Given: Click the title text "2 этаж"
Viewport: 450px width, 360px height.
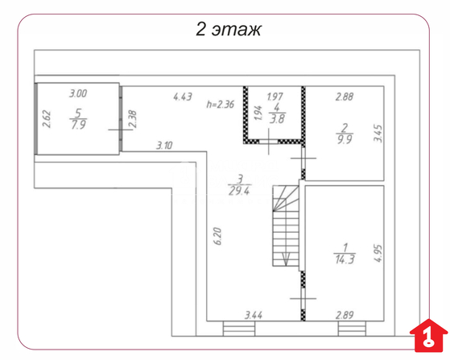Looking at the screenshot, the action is tap(229, 29).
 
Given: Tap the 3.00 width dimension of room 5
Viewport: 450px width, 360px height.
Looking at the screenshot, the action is tap(78, 93).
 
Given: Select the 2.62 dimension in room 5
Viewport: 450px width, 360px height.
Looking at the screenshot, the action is tap(47, 119).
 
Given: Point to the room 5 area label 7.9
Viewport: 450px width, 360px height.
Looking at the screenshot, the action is tap(78, 125).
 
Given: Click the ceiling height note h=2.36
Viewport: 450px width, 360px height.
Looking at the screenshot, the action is tap(221, 104).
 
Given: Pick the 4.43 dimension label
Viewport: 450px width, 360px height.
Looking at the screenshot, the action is tap(183, 97).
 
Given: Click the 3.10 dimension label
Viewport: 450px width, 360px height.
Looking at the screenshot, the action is tap(164, 145).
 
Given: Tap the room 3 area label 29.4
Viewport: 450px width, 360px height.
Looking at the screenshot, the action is tap(240, 191).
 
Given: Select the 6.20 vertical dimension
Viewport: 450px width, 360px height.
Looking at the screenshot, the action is tap(218, 236).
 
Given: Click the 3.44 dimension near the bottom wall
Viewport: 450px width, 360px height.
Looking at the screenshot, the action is tap(254, 316).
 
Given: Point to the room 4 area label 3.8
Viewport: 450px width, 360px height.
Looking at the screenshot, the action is tap(277, 119).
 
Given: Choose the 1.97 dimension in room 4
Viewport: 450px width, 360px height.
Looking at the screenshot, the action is tap(275, 97).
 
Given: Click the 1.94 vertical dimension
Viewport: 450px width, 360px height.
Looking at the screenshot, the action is tap(258, 113).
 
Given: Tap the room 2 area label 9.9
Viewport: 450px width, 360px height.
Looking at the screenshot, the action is tap(345, 139).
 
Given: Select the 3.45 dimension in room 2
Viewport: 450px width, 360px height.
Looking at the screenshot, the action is tap(378, 133).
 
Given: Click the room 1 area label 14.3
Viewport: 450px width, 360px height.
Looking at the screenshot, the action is tap(345, 259).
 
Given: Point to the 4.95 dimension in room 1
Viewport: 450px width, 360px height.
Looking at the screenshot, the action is tap(378, 253).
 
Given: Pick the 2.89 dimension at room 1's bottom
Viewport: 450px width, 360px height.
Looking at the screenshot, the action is tap(345, 315).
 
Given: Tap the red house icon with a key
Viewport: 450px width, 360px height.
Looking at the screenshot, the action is tap(429, 335).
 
